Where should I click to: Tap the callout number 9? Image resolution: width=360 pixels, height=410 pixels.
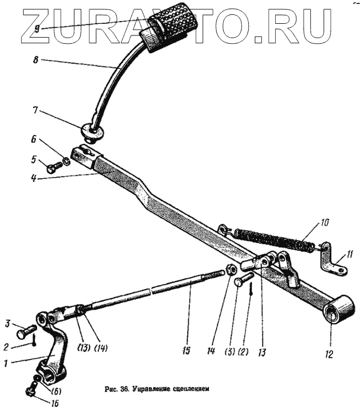point(37,29)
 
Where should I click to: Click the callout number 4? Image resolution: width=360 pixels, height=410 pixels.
point(35,179)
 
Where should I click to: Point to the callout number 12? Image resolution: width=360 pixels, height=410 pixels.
point(330,355)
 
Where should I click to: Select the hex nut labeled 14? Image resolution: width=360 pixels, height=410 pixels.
point(232,270)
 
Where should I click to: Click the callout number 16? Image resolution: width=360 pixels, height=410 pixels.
point(55,403)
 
